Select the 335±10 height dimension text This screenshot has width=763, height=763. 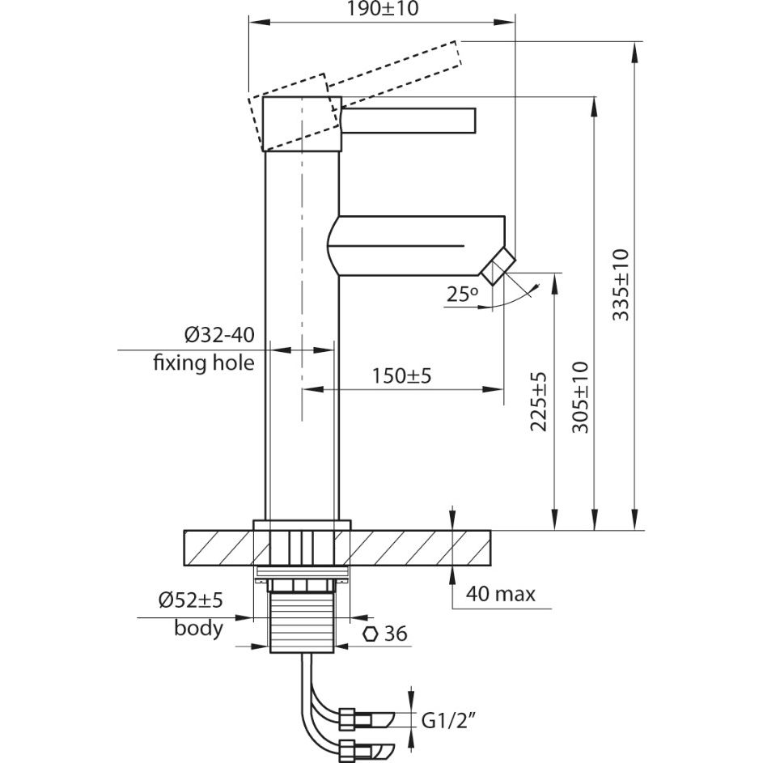[621, 285]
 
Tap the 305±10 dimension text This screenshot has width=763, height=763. [580, 398]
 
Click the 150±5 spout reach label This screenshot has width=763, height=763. [402, 375]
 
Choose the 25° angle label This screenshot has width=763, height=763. [463, 295]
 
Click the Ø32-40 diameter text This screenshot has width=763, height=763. [218, 335]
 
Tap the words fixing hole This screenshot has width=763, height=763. [204, 362]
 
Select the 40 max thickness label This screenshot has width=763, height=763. [500, 595]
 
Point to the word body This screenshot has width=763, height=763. [198, 628]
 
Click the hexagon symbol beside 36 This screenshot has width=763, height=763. [371, 634]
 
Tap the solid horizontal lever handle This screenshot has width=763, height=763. [411, 119]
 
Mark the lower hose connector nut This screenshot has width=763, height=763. [349, 748]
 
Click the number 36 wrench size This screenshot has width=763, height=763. [394, 634]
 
